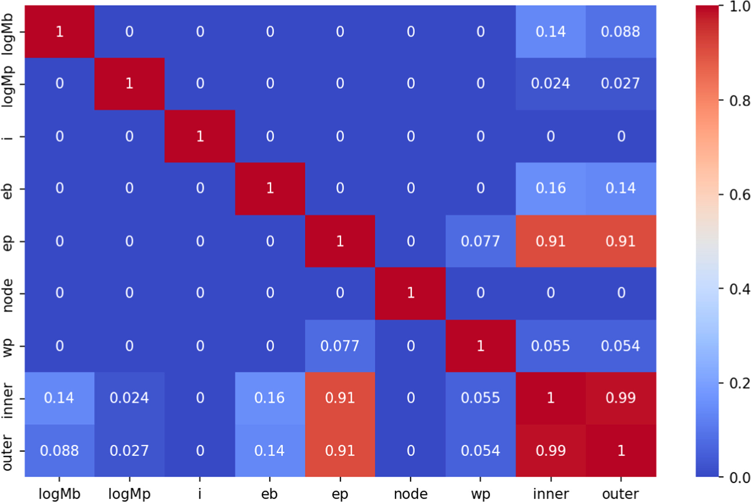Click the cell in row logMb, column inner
[550, 32]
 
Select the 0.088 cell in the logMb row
[621, 32]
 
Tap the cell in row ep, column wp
[480, 241]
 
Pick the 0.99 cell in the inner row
[621, 398]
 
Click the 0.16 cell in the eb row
[550, 188]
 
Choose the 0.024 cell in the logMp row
[550, 84]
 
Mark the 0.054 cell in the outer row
[480, 451]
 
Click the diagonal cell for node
[410, 293]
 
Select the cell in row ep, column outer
[621, 241]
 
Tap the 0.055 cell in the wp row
[550, 346]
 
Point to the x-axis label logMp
[129, 494]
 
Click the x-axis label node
[410, 494]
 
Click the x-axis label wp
[480, 494]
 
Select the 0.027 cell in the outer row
[129, 451]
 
